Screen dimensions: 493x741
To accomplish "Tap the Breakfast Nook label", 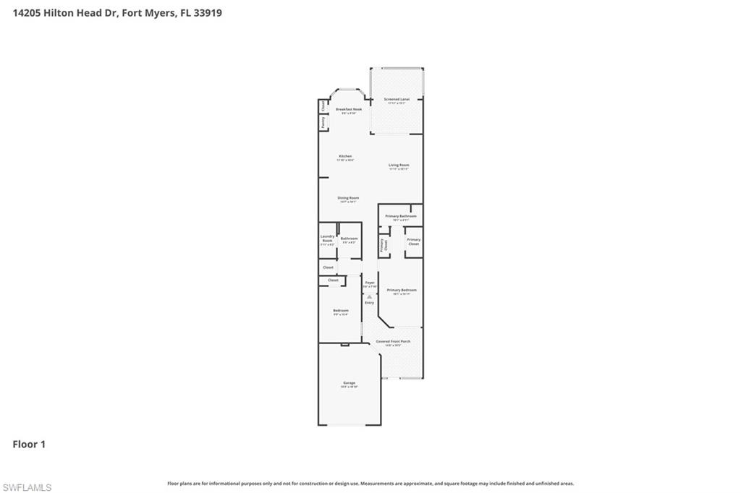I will [349, 109].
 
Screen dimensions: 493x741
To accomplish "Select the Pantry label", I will [323, 123].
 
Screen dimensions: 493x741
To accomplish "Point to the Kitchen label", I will [345, 156].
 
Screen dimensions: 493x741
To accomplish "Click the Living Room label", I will [399, 165].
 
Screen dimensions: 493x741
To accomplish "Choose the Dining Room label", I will [348, 197].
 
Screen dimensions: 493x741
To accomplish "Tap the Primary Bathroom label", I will [400, 216].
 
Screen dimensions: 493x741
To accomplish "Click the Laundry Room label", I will [327, 238].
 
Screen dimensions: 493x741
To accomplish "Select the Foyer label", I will [370, 282].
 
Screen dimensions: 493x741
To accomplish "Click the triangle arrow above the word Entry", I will [369, 296].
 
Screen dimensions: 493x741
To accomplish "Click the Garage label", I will [349, 382].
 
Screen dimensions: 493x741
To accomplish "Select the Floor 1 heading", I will [29, 445].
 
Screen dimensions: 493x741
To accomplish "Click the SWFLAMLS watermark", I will [27, 487].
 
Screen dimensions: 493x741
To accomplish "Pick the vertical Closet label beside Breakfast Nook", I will [323, 106].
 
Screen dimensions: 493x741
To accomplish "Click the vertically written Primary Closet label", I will [384, 245].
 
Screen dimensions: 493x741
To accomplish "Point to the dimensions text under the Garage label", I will [349, 387].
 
